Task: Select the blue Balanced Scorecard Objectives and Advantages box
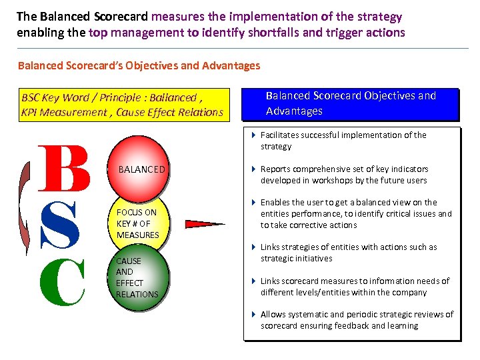pyautogui.click(x=351, y=103)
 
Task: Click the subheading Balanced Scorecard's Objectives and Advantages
pyautogui.click(x=139, y=65)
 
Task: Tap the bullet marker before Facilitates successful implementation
pyautogui.click(x=254, y=135)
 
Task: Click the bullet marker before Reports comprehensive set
pyautogui.click(x=254, y=169)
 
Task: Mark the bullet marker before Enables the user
pyautogui.click(x=254, y=203)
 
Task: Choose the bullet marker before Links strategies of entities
pyautogui.click(x=254, y=247)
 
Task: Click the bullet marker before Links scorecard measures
pyautogui.click(x=254, y=281)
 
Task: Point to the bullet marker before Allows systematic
pyautogui.click(x=254, y=315)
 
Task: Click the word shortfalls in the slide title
pyautogui.click(x=276, y=33)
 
